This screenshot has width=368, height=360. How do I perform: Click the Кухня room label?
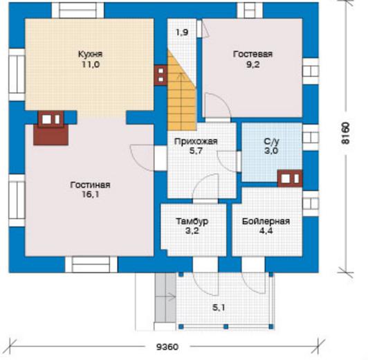click(x=91, y=54)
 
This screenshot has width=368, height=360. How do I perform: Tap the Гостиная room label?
click(x=91, y=185)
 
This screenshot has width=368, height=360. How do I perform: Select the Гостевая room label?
click(x=252, y=54)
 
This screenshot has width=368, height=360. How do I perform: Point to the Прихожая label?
click(x=196, y=141)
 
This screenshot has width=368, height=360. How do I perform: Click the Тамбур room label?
click(x=192, y=222)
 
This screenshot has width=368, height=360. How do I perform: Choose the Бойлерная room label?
click(x=266, y=222)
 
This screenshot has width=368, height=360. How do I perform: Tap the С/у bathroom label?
click(x=272, y=141)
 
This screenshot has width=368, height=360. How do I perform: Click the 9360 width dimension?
click(x=167, y=347)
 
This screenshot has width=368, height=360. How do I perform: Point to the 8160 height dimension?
click(x=345, y=133)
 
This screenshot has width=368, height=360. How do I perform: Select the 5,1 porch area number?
click(x=219, y=307)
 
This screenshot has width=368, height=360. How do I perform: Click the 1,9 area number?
click(x=182, y=32)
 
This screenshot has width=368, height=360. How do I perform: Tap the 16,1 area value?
click(x=91, y=195)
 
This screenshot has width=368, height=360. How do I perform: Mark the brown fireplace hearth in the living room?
click(x=51, y=135)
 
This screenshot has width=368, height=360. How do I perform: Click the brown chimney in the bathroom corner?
click(x=290, y=179)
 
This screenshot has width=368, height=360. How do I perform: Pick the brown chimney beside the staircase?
click(x=160, y=75)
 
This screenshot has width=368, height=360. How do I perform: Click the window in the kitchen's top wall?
click(x=77, y=10)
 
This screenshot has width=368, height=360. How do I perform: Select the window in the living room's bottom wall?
click(x=91, y=264)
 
